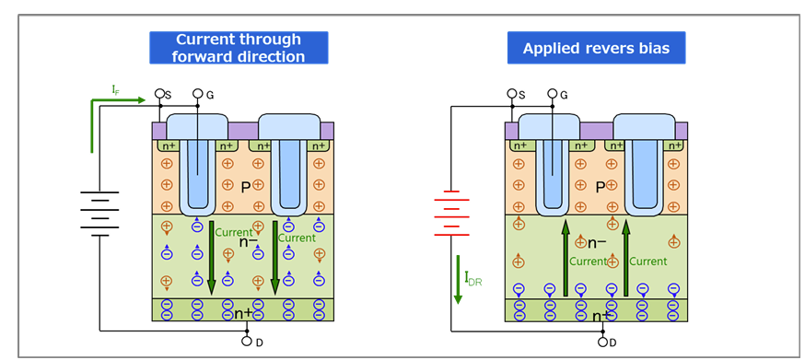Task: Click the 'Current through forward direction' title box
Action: (x=239, y=48)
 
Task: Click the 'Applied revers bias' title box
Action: (x=596, y=48)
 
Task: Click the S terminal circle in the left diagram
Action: (x=159, y=94)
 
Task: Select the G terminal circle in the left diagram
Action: (x=196, y=94)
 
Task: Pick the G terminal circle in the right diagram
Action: (x=552, y=94)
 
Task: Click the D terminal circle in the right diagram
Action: (x=601, y=341)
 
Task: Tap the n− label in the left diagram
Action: (x=247, y=242)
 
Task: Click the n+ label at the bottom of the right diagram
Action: (x=601, y=317)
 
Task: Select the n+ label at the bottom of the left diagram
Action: (x=245, y=313)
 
